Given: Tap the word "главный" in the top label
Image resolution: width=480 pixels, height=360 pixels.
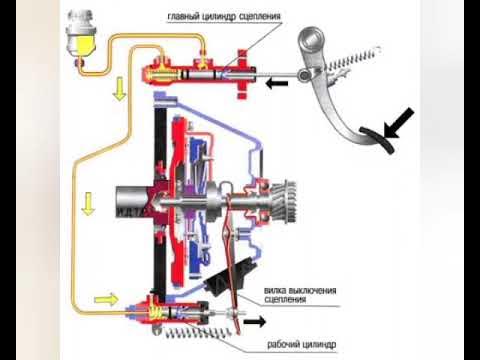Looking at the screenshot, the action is click(183, 16).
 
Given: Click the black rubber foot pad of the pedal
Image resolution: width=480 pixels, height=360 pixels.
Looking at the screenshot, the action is click(377, 139).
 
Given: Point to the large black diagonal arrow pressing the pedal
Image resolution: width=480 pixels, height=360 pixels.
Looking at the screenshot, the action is click(399, 123).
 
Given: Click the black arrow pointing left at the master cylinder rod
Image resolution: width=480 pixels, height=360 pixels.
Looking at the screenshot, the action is click(277, 83).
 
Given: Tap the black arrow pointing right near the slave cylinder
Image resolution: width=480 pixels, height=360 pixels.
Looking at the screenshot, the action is click(255, 322).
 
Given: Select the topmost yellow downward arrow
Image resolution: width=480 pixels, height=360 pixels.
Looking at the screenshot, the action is click(119, 89).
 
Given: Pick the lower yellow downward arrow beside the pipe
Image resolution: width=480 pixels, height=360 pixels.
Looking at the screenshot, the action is click(88, 204).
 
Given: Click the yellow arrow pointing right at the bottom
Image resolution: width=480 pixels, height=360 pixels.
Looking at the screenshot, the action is click(106, 299).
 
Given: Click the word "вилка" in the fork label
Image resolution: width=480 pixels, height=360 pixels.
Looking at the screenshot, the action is click(275, 291).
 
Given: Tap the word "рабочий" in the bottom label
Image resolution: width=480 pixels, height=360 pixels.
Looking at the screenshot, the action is click(283, 344).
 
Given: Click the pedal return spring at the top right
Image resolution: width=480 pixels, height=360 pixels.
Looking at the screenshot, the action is click(353, 59).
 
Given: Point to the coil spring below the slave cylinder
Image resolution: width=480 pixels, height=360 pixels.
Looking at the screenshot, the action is click(197, 333).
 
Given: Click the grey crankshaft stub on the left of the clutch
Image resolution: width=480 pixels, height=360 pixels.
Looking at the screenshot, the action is click(132, 201).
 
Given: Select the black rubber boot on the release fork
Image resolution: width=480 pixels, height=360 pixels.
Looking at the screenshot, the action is click(230, 276).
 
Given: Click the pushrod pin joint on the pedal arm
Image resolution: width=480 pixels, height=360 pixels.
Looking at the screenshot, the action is click(304, 75).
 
